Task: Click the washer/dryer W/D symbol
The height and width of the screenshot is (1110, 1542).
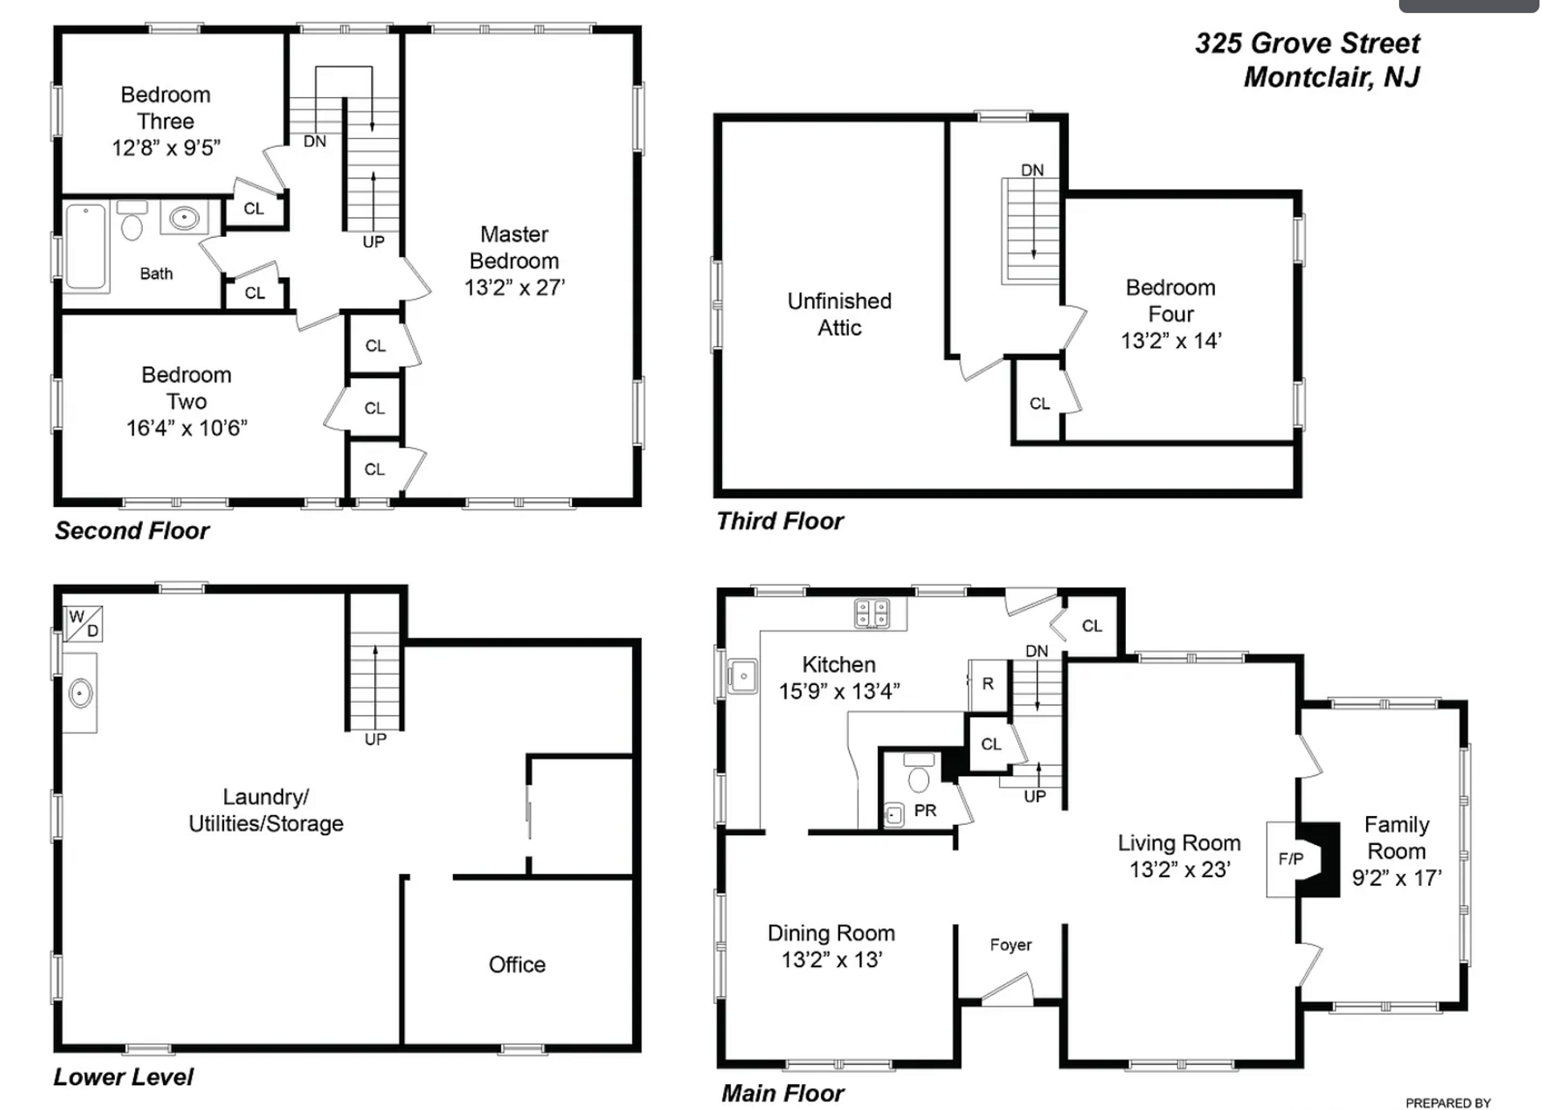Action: point(84,624)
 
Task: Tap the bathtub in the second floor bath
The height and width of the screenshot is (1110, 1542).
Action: point(86,247)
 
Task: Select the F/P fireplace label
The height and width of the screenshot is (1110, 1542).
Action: point(1291,859)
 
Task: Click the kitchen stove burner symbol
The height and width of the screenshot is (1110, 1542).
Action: point(871,614)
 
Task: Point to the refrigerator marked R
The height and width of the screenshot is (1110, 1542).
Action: point(988,684)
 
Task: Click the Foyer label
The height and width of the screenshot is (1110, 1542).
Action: point(1010,945)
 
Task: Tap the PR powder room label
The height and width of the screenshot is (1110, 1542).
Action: point(925,810)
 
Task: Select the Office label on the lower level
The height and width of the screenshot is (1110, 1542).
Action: point(517,965)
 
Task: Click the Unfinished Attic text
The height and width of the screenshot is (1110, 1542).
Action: point(839,314)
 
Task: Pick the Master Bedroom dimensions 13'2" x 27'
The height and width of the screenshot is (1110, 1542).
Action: point(515,288)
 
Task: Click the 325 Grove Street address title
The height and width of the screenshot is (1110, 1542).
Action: point(1307,43)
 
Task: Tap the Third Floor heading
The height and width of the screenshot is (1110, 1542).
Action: point(780,521)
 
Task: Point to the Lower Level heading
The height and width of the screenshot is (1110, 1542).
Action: point(124,1077)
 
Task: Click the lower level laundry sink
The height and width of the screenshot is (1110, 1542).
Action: point(80,692)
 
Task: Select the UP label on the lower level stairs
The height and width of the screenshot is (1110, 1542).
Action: point(375,740)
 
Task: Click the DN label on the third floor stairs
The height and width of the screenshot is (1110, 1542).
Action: point(1032,170)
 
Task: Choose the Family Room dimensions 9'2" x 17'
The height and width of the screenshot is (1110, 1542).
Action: point(1397,878)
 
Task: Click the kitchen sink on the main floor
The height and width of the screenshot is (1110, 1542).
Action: point(742,676)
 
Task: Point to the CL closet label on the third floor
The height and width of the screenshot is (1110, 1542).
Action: point(1039,403)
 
